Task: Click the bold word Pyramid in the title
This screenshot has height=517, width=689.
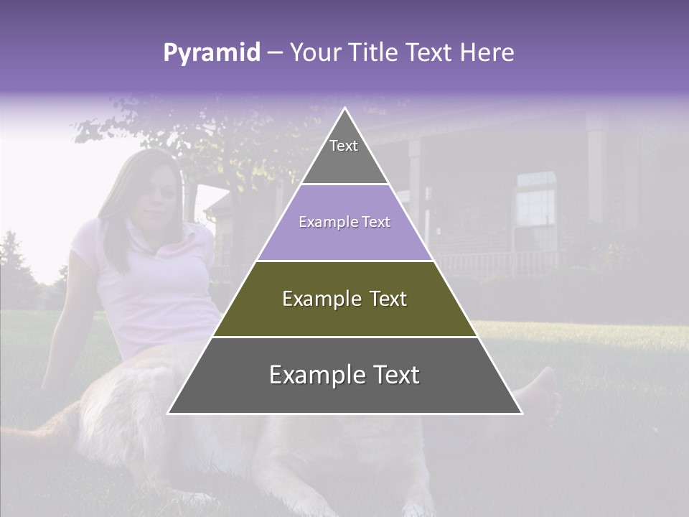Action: [211, 53]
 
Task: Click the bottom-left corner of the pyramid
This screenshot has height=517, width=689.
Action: [169, 413]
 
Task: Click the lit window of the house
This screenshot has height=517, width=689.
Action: [536, 208]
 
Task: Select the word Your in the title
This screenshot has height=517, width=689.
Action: [314, 53]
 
